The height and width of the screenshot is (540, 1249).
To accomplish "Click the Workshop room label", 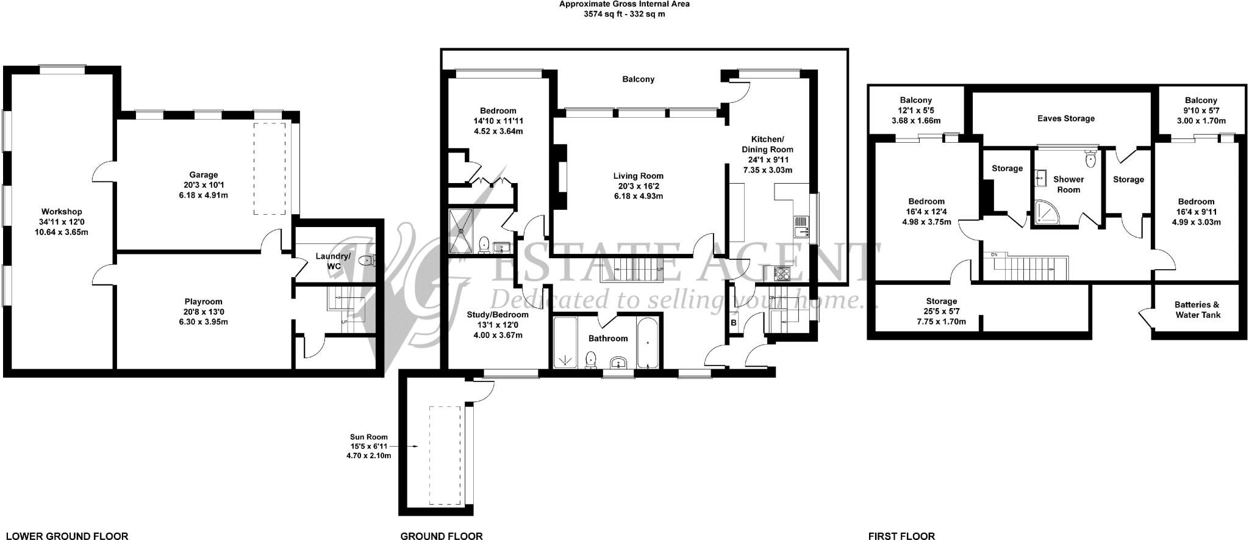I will (x=62, y=212).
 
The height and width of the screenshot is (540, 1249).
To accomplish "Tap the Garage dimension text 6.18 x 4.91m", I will (x=203, y=195).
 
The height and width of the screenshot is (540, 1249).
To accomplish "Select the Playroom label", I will (x=203, y=301).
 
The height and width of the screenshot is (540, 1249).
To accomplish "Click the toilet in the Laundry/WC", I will (x=366, y=261).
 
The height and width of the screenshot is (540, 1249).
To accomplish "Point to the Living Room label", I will (x=638, y=176).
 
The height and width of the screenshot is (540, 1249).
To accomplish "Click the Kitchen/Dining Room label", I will (x=767, y=144).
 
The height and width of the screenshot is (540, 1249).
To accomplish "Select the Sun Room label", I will (x=368, y=437).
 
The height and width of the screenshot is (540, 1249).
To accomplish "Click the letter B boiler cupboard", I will (x=734, y=322).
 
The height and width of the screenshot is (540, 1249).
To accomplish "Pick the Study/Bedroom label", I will (x=498, y=315).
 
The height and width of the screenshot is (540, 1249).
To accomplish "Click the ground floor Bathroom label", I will (x=607, y=338).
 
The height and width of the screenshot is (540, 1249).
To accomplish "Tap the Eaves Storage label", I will (x=1065, y=118).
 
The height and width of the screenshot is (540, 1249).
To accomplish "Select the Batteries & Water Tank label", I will (x=1197, y=309).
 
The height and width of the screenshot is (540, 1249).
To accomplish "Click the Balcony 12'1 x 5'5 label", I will (x=915, y=100).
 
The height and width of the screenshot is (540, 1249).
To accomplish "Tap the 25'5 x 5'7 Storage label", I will (x=941, y=301).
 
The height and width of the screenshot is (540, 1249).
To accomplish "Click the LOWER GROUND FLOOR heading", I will (x=66, y=536).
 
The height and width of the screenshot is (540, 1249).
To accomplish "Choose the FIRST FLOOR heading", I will (x=901, y=536).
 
